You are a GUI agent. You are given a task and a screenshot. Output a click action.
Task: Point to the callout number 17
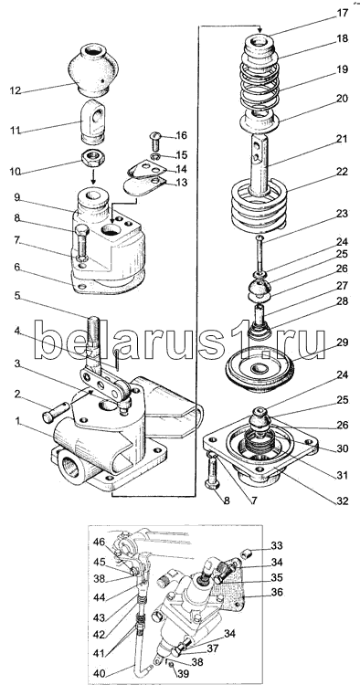pos(342,13)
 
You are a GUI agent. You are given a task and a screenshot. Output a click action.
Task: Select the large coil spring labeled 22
pos(259,205)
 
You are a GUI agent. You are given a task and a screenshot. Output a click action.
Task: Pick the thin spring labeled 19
pos(260,88)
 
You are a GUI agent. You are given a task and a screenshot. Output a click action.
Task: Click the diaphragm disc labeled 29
pos(259,366)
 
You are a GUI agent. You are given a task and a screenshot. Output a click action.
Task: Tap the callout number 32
pos(342,501)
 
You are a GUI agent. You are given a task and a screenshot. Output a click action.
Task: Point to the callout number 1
pos(17,421)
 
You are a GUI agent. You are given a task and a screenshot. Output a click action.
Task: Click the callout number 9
pos(17,197)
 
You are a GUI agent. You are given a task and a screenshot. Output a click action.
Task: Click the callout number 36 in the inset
pos(277,593)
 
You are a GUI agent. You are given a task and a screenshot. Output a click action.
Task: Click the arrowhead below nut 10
pos(93,181)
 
